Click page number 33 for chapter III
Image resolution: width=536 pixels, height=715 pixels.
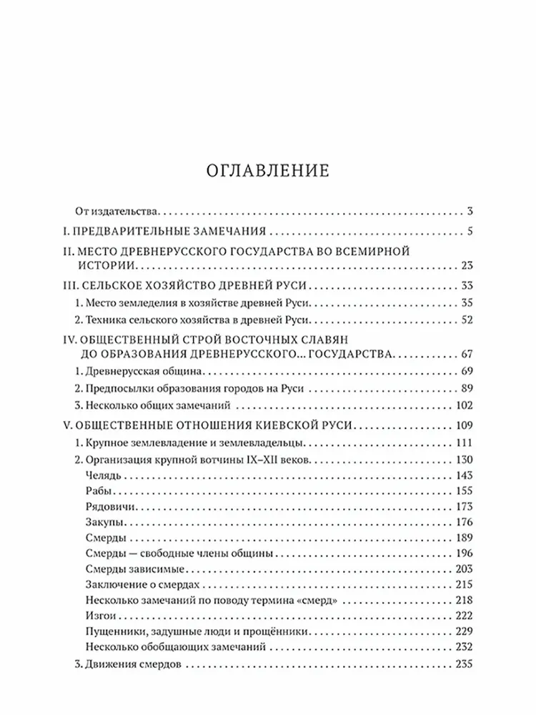[x=467, y=285]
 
